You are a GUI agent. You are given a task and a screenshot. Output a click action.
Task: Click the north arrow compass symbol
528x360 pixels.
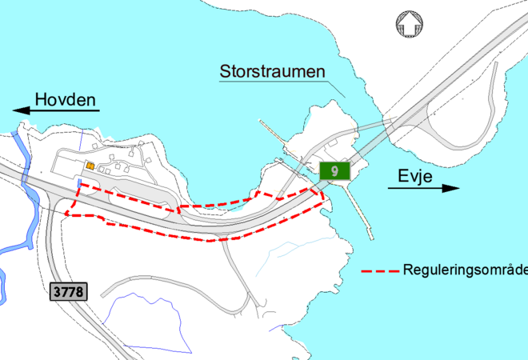click(x=407, y=23)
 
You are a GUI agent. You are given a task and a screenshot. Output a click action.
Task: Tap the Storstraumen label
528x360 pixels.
click(x=273, y=72)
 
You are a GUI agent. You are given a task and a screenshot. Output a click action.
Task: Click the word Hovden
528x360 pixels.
click(x=65, y=100)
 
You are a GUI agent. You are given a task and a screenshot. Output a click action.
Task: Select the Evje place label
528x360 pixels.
click(x=415, y=177)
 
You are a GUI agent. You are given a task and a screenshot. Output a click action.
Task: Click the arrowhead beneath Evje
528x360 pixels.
click(x=452, y=188)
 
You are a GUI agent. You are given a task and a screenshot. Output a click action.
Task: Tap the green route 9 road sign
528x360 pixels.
click(x=334, y=170)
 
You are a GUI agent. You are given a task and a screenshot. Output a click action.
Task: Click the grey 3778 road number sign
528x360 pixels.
click(x=68, y=291)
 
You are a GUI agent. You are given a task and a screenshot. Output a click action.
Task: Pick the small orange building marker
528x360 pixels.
click(x=90, y=166)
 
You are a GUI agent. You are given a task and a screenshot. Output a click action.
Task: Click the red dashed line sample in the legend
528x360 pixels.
click(x=380, y=270)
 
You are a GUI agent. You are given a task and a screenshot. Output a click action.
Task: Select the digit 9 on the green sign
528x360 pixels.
click(x=334, y=170)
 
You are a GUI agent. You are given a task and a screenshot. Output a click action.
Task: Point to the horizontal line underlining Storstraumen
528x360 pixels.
click(x=276, y=82)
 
